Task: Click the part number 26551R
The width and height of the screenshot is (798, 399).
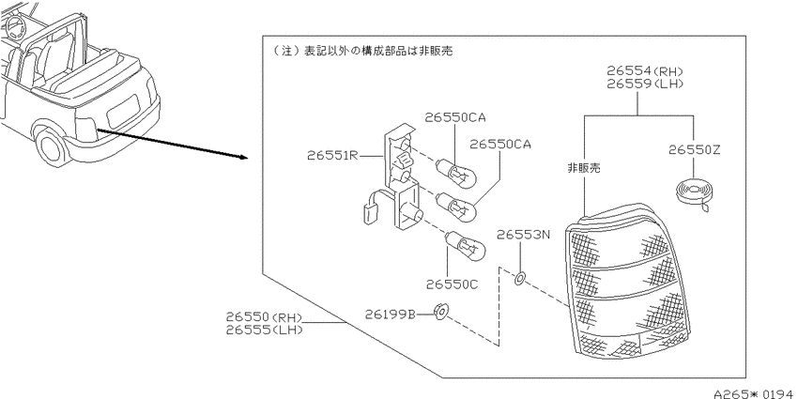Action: tap(333, 155)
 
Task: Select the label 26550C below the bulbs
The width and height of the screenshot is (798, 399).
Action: tap(453, 284)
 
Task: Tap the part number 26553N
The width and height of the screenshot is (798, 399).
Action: tap(524, 235)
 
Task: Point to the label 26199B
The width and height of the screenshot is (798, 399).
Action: tap(391, 315)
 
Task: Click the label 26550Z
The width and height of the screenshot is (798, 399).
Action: tap(695, 149)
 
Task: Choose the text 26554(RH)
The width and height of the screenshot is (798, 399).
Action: tap(644, 71)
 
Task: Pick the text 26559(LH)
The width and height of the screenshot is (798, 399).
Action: tap(644, 84)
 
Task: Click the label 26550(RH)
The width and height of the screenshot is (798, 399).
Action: tap(265, 317)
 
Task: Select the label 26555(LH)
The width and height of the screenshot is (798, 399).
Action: tap(265, 330)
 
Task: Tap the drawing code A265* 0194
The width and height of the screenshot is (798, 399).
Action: tap(755, 393)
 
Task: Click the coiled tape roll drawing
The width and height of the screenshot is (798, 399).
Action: tap(692, 194)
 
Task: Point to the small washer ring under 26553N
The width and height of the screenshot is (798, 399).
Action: tap(520, 279)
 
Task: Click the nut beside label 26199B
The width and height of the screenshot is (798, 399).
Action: tap(439, 312)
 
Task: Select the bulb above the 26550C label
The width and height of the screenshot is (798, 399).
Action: tap(466, 245)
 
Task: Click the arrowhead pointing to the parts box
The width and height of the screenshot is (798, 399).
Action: tap(243, 157)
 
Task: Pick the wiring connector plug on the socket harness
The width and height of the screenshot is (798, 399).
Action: tap(367, 213)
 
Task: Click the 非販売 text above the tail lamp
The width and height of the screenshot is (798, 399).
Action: tap(584, 168)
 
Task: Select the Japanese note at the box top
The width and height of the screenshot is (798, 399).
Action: tap(362, 51)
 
